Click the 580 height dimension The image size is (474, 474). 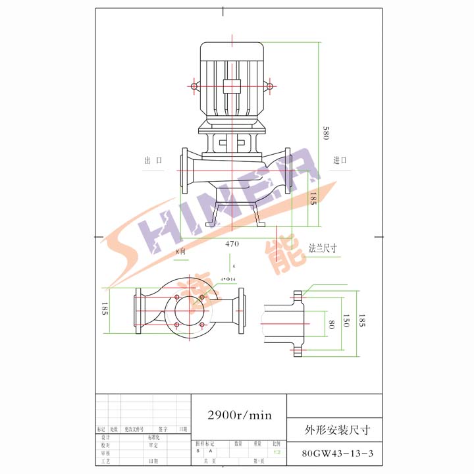tap(325, 132)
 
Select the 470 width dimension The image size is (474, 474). tap(232, 244)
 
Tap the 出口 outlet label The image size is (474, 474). tap(153, 161)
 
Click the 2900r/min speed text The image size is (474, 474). tap(239, 415)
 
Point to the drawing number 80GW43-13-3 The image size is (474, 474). tap(336, 454)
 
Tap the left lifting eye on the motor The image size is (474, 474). tap(194, 86)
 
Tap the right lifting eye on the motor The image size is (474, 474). tap(269, 86)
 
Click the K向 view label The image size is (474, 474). tap(180, 251)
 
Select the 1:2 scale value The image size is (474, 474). tap(277, 452)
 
